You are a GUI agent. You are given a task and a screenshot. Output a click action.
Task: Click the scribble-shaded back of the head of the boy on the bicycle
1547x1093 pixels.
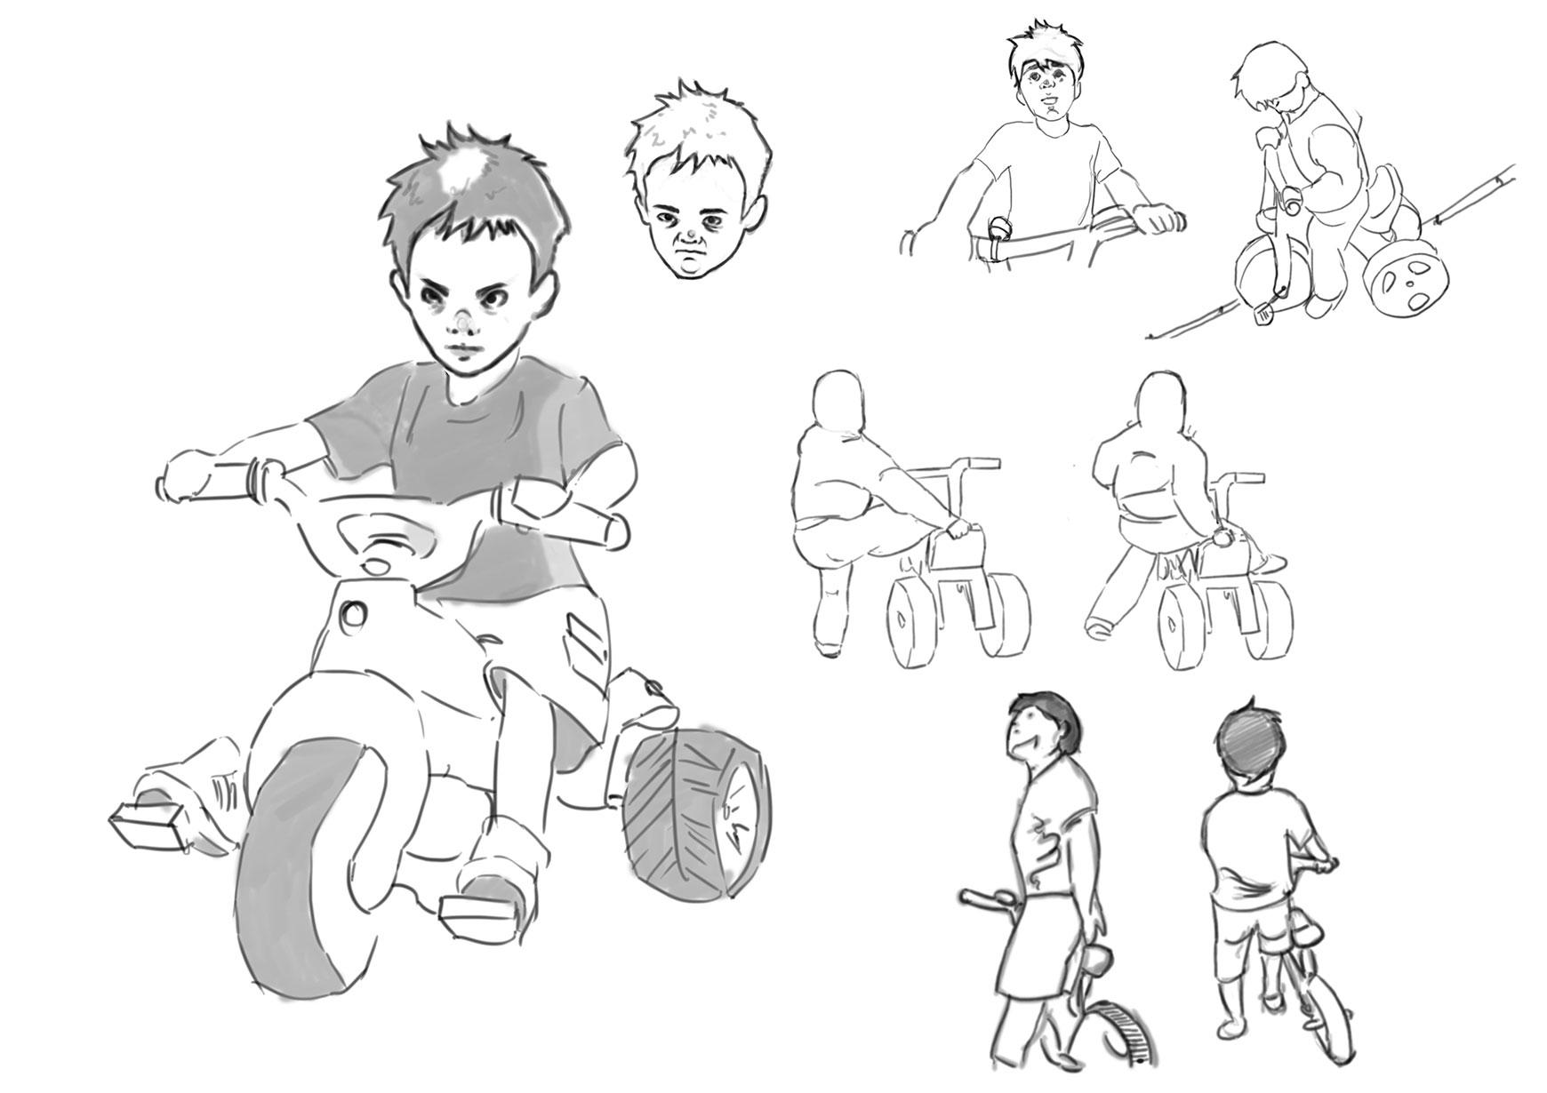(x=1247, y=746)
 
